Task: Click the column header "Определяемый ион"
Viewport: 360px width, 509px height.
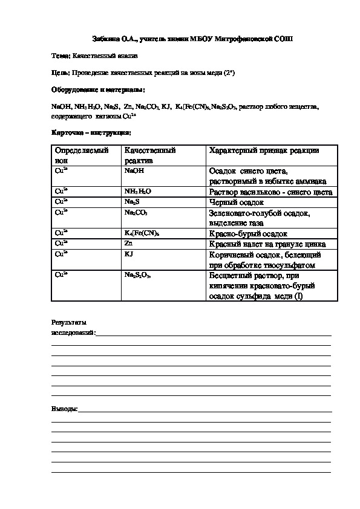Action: tap(81, 155)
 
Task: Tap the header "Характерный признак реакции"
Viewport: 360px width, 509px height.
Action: tap(263, 151)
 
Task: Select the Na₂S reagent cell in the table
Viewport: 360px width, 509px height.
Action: tap(133, 201)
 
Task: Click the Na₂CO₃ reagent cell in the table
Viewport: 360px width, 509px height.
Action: tap(136, 213)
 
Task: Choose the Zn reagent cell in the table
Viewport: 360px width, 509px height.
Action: tap(128, 243)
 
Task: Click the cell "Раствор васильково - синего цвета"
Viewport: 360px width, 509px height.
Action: tap(270, 192)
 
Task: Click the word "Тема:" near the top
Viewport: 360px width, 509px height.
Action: tap(61, 56)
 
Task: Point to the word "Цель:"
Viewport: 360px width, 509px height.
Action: tap(61, 73)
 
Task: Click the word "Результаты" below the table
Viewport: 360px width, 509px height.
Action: tap(69, 322)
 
